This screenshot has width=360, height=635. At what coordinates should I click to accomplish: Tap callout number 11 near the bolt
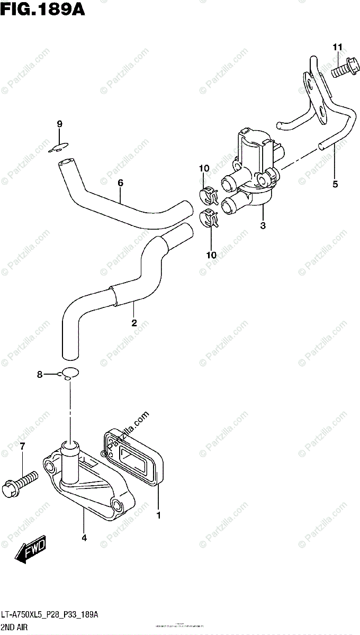pyautogui.click(x=337, y=49)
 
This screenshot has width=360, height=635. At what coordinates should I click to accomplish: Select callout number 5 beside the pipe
pyautogui.click(x=335, y=185)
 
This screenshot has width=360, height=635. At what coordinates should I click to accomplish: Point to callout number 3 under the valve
pyautogui.click(x=263, y=226)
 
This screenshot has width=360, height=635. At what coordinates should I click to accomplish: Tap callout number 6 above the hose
pyautogui.click(x=120, y=183)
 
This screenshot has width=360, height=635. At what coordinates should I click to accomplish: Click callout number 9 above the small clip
pyautogui.click(x=60, y=124)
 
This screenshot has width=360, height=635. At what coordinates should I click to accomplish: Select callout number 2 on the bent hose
pyautogui.click(x=134, y=322)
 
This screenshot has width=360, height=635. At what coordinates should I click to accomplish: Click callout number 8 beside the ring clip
pyautogui.click(x=40, y=375)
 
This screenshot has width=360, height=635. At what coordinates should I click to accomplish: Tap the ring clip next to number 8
pyautogui.click(x=69, y=373)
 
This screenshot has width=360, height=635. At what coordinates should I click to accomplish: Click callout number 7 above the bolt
pyautogui.click(x=22, y=447)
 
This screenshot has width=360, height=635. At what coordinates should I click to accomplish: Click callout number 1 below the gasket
pyautogui.click(x=159, y=514)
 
